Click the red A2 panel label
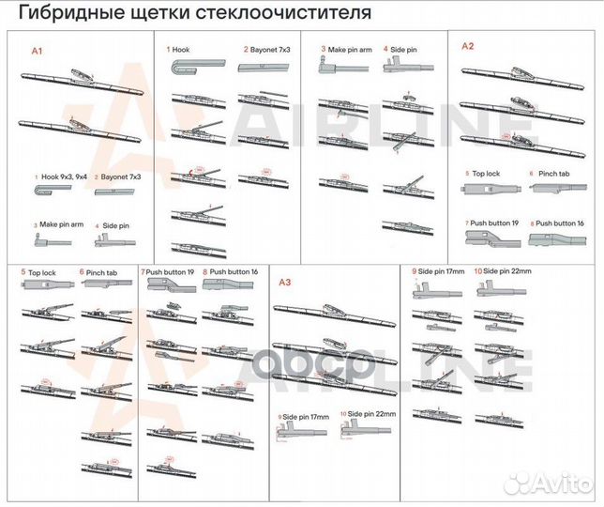[468, 45]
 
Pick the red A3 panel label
[286, 281]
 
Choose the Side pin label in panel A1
[114, 225]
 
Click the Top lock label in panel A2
[485, 174]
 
